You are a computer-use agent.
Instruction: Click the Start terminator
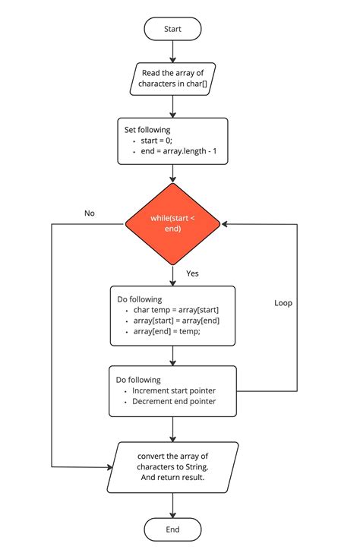[x=173, y=29]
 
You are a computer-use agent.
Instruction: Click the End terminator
[x=173, y=529]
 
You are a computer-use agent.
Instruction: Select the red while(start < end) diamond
[x=173, y=223]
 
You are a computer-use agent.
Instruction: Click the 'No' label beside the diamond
[x=90, y=213]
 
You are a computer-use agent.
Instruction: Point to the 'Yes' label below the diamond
[x=193, y=273]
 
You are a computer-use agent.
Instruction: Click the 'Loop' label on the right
[x=283, y=302]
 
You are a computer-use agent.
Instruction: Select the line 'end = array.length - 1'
[x=180, y=152]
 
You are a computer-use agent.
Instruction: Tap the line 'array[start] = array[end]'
[x=176, y=321]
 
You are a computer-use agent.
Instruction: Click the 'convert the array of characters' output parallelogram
[x=173, y=466]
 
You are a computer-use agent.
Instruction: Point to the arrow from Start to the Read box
[x=173, y=51]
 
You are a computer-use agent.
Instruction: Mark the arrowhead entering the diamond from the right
[x=226, y=223]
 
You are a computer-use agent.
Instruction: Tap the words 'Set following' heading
[x=147, y=130]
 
